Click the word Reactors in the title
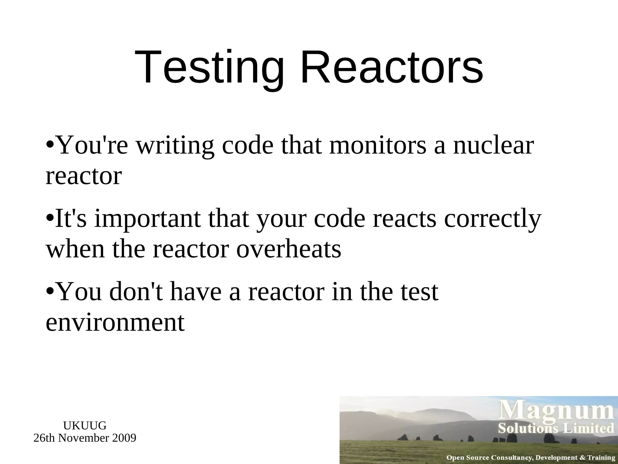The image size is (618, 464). [x=392, y=67]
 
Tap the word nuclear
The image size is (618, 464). [x=493, y=146]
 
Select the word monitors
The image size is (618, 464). [x=378, y=146]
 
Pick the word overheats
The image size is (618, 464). [x=288, y=249]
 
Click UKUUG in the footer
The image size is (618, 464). [x=85, y=426]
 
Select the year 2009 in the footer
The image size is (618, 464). [x=124, y=438]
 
